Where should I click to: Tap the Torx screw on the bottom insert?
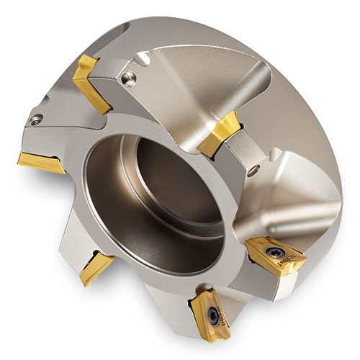(214, 315)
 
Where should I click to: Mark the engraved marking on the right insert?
(294, 256)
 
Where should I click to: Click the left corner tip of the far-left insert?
(19, 158)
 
